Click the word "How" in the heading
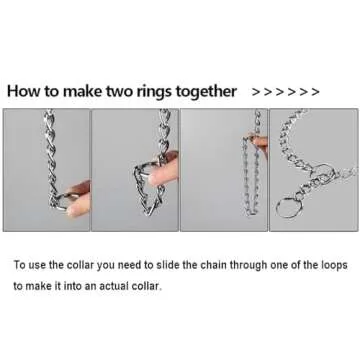23,91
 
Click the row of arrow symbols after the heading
286,92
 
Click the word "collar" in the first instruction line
79,266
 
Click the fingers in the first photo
78,199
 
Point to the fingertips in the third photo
258,143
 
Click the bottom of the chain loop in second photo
148,212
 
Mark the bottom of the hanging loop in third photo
252,212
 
